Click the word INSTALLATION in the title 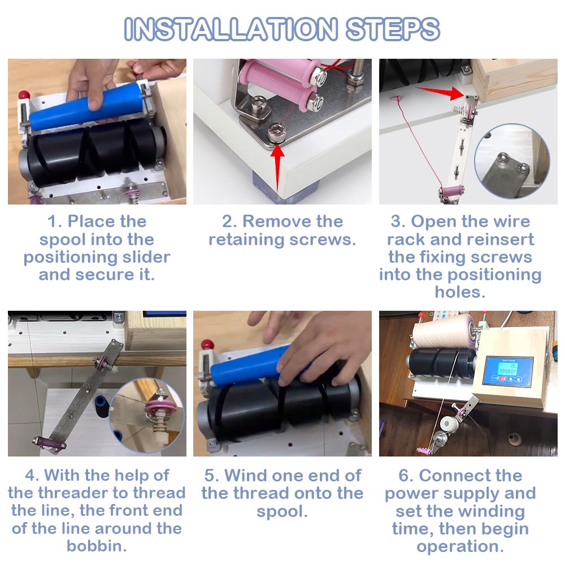coord(231,29)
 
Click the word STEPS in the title coord(393,29)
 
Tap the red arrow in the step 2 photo coord(277,168)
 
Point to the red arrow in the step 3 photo coord(440,93)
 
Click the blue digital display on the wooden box coord(508,371)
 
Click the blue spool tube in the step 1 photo coord(85,106)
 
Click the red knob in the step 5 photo coord(207,344)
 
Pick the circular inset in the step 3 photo coord(512,161)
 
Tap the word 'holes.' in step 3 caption coord(460,292)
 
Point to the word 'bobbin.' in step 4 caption coord(97,546)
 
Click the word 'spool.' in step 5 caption coord(282,511)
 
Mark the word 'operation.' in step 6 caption coord(460,546)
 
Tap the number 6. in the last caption coord(406,476)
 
